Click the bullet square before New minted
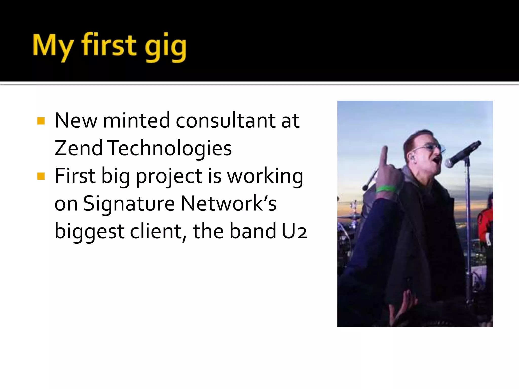click(41, 121)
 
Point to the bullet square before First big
click(41, 176)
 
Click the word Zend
click(78, 148)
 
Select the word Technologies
click(170, 148)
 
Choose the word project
click(169, 177)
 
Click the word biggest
click(89, 231)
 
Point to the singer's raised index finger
click(384, 156)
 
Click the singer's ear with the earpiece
click(413, 159)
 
